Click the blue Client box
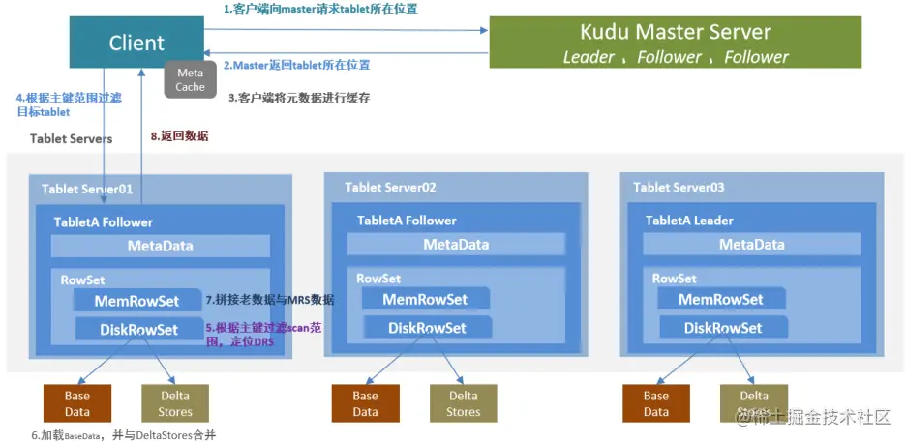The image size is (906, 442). tap(136, 44)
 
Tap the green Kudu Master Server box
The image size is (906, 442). tap(675, 43)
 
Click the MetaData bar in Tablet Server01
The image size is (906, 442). tap(161, 246)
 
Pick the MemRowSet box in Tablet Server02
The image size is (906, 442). tap(425, 299)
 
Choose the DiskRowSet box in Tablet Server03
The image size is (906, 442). tap(722, 328)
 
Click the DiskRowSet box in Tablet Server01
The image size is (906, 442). tap(138, 330)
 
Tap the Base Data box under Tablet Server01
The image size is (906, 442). tap(76, 403)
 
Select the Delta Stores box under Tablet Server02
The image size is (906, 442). tap(463, 403)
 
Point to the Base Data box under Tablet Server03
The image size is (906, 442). tap(656, 403)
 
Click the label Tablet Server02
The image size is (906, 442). tap(390, 187)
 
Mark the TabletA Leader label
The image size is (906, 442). tap(689, 221)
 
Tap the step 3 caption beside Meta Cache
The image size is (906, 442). tap(298, 98)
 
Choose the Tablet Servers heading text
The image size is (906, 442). tap(71, 138)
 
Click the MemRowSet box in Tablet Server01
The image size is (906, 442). tap(137, 302)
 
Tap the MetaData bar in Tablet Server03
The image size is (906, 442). tap(751, 245)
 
